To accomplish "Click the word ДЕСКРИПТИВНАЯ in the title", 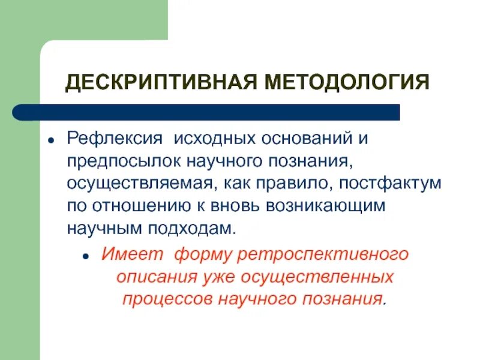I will [161, 82].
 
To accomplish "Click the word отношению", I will [134, 205].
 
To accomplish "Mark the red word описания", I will [152, 277].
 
